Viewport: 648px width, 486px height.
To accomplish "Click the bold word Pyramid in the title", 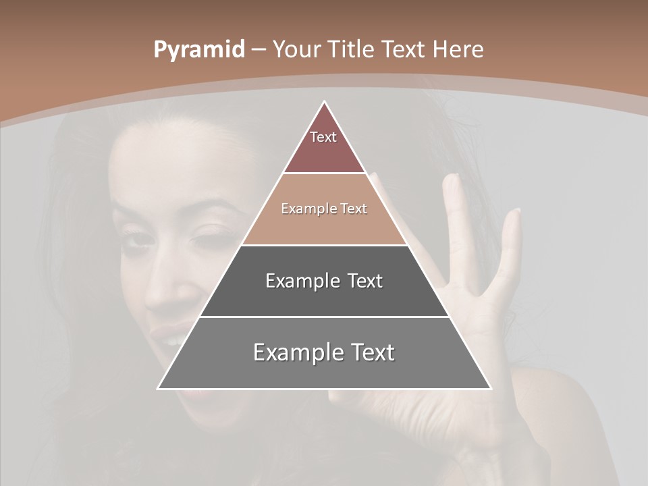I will (198, 50).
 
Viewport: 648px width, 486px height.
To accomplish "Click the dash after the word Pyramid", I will (259, 51).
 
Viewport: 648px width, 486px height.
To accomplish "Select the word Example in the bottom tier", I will (297, 352).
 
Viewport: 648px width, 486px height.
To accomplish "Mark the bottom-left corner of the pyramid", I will (158, 389).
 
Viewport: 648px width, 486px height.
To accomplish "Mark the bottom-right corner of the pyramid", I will (491, 389).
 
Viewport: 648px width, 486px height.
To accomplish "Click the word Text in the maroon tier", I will (323, 137).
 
